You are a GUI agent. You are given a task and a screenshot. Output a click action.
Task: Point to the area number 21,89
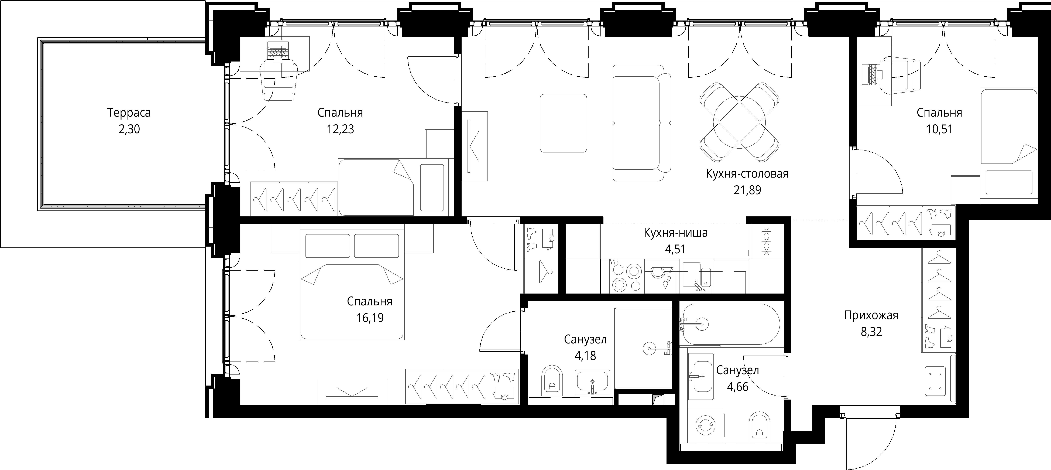pyautogui.click(x=747, y=190)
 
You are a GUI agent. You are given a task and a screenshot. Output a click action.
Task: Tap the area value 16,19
pyautogui.click(x=370, y=318)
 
